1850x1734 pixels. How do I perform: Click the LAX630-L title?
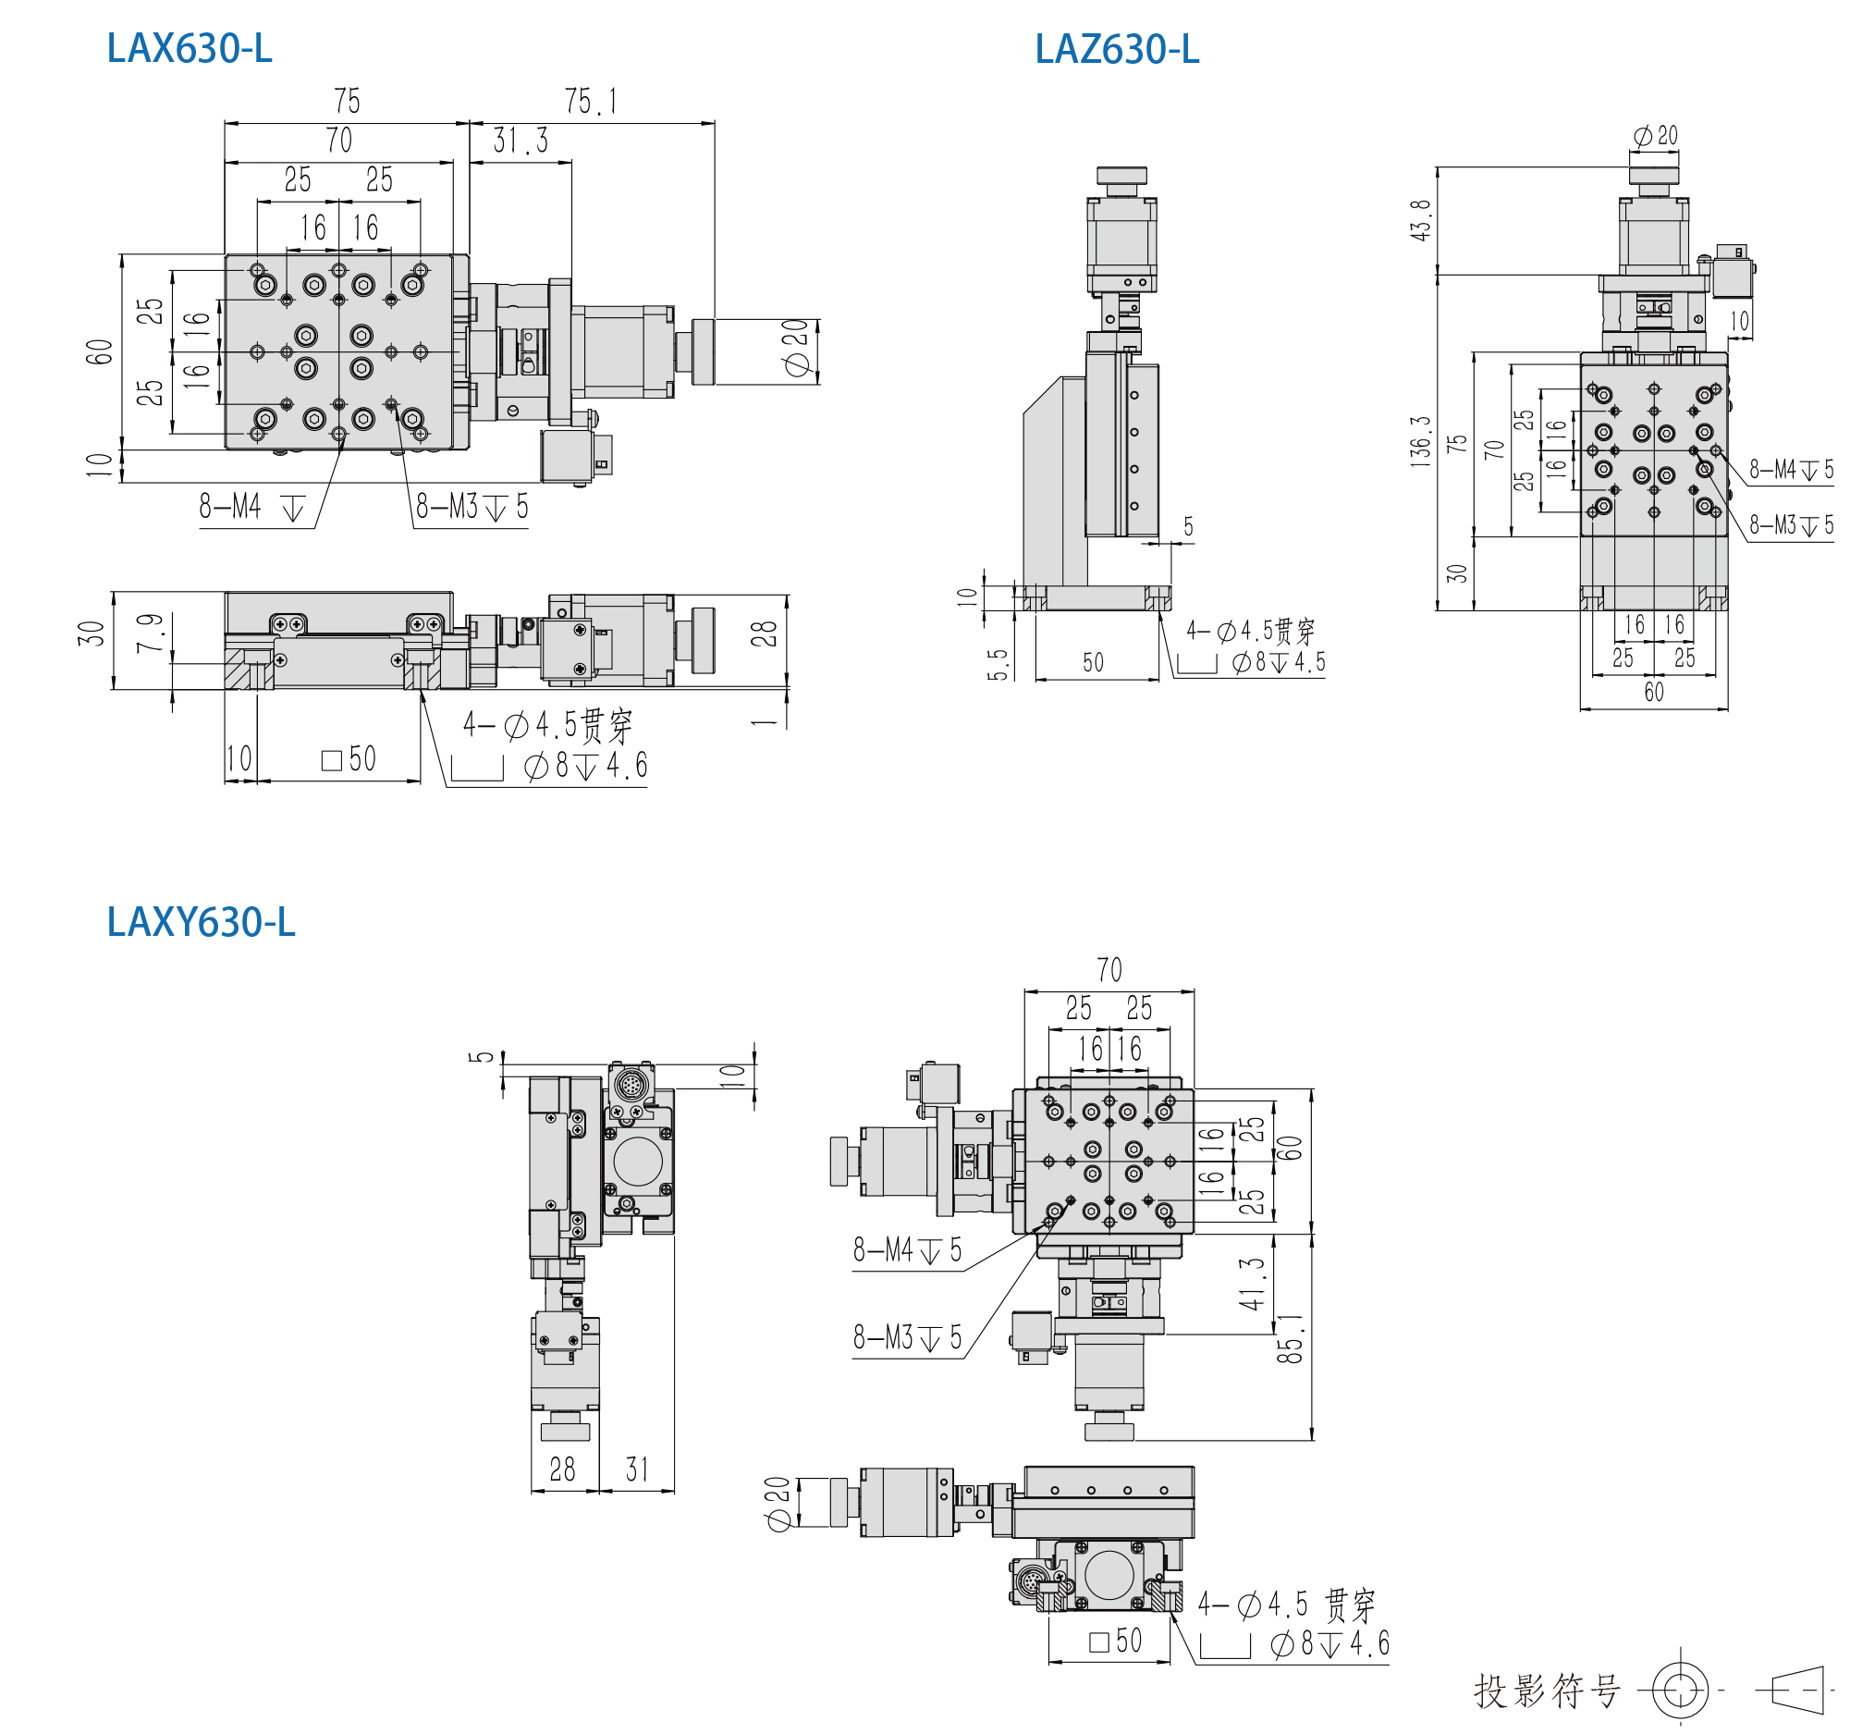pos(190,49)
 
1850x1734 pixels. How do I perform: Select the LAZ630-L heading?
pos(1117,49)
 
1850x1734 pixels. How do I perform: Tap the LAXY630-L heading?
pos(201,922)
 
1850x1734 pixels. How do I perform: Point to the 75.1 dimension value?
pos(591,101)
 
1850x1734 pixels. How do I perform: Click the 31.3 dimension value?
pos(521,141)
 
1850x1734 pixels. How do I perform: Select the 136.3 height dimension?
pos(1420,440)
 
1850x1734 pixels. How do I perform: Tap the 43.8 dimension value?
pos(1420,221)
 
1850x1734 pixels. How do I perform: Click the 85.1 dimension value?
pos(1290,1339)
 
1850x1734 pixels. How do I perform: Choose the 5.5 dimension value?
pos(998,665)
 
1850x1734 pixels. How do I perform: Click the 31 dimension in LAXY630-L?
pos(637,1470)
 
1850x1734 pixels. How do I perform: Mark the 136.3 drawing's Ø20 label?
pos(1656,136)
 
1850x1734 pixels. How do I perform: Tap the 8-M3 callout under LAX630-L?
pos(472,508)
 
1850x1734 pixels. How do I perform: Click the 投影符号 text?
pos(1548,1691)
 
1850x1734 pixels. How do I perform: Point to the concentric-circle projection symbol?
pos(1681,1691)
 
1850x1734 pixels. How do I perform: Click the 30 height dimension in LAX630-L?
pos(92,634)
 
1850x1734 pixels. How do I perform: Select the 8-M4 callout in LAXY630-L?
pos(907,1250)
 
